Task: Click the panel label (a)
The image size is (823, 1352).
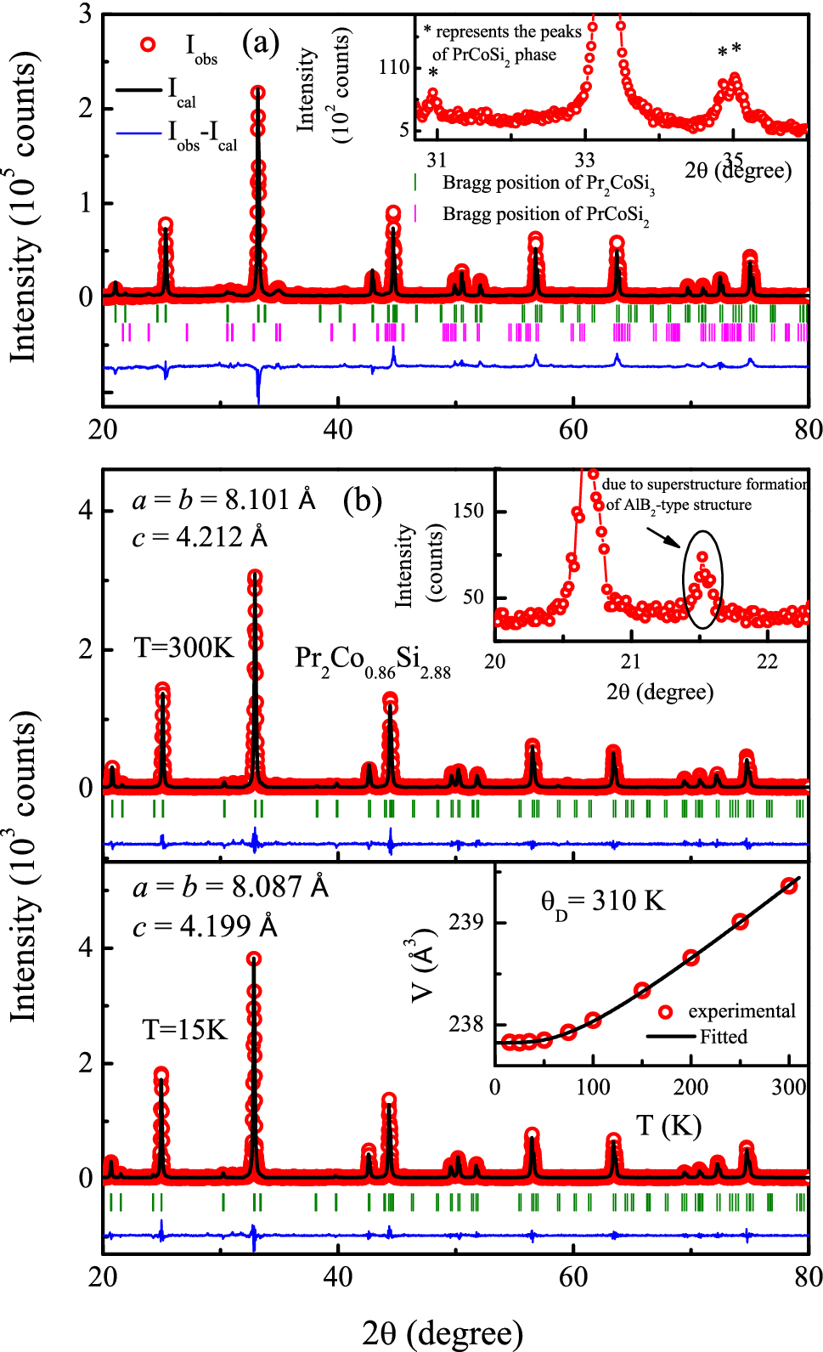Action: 261,42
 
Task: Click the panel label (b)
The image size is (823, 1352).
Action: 363,500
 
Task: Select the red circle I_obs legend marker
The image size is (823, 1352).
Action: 148,45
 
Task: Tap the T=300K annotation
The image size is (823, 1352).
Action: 183,648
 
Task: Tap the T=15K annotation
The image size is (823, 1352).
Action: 184,1030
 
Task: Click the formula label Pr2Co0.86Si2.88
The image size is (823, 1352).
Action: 372,660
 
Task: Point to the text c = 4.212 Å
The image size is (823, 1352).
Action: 200,537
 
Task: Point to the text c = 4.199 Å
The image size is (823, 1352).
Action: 205,925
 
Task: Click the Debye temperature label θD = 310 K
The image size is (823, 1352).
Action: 602,902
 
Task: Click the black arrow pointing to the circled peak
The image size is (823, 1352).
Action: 663,539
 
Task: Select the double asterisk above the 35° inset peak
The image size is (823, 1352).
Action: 730,51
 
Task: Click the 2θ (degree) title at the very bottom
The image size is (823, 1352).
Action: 442,1333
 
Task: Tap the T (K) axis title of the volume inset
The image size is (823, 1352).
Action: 668,1126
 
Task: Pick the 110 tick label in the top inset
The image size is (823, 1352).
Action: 394,66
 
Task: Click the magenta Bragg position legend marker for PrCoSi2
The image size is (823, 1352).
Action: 415,213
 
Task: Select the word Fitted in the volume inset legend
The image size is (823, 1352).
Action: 724,1037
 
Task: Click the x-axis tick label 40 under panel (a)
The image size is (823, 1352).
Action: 338,429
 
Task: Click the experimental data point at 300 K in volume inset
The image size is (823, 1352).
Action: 789,885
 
